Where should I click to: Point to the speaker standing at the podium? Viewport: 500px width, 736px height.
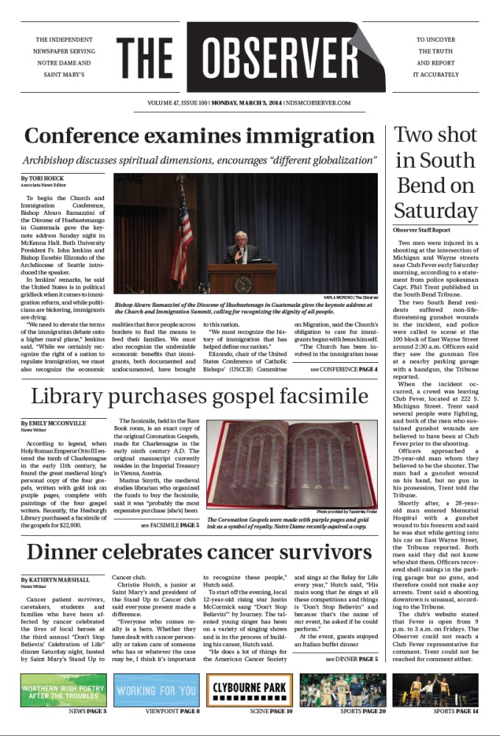coord(242,250)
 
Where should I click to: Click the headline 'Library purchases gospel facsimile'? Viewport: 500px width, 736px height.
coord(199,397)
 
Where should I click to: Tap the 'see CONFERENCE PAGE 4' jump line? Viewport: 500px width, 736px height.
coord(343,369)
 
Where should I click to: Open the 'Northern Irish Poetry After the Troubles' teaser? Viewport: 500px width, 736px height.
coord(63,690)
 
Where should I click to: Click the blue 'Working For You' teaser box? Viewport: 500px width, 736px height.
coord(156,690)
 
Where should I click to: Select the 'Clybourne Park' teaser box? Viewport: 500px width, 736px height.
coord(250,690)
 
